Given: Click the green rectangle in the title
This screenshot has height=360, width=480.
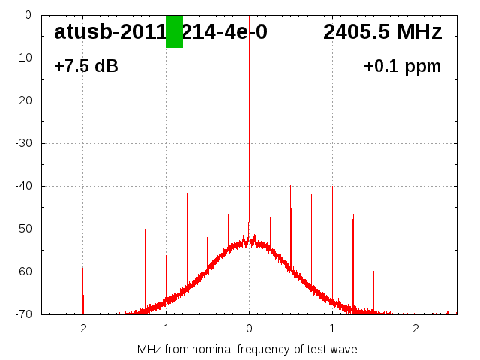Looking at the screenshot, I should click(174, 31).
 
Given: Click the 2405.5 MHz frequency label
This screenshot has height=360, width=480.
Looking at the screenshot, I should click(382, 32).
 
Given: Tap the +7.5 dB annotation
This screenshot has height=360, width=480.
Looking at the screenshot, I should click(86, 66).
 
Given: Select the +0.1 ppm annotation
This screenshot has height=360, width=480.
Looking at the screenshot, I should click(402, 66).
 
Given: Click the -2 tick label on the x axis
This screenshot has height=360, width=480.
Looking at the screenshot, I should click(82, 328).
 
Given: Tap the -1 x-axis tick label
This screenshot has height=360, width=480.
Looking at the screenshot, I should click(165, 328).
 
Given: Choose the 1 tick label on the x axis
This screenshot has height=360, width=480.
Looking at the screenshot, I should click(332, 328).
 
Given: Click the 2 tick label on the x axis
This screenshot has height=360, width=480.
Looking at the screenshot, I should click(415, 328).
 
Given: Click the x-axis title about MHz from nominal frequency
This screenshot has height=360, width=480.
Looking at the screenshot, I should click(247, 349).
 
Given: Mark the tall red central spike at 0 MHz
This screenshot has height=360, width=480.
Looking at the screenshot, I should click(249, 112).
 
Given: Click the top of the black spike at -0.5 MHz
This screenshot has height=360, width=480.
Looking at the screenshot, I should click(208, 178).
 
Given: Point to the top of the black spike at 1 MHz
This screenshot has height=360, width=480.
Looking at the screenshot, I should click(332, 187).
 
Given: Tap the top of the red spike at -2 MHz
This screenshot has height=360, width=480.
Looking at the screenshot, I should click(82, 268).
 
